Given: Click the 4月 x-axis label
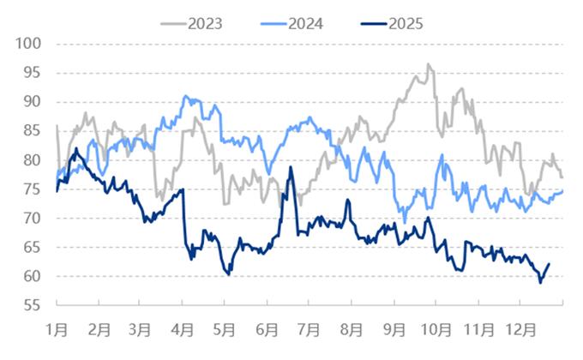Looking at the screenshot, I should coord(183,327).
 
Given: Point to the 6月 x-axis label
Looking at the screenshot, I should coord(267,327).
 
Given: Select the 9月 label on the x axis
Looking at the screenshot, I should coord(394,327).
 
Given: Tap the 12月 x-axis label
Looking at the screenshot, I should coord(522,327).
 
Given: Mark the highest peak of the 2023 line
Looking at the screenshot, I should coord(428,63).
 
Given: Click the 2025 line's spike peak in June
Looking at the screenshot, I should coord(291,167).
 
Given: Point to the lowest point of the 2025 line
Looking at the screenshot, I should coord(540,283).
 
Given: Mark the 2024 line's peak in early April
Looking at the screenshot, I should coord(186,97).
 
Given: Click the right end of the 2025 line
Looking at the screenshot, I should coord(549,264).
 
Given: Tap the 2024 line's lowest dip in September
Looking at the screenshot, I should coord(405,221).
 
